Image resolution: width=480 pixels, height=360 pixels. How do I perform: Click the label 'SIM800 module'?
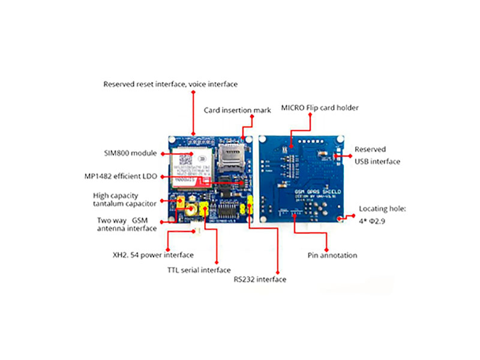(128, 154)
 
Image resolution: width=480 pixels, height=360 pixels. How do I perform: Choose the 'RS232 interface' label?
(260, 280)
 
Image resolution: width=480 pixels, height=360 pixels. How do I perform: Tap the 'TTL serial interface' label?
(199, 270)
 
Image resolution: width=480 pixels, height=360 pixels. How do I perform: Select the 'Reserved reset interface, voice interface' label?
(170, 85)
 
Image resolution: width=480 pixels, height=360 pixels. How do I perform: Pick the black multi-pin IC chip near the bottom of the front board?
(227, 211)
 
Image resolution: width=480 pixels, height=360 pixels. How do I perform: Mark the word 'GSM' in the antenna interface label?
(139, 220)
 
